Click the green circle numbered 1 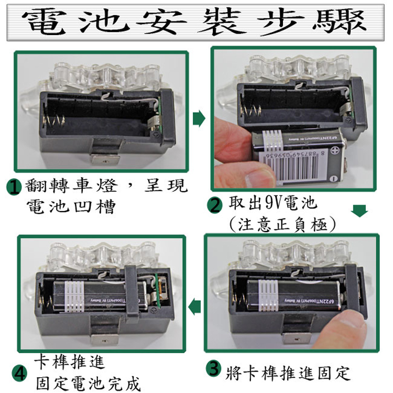pos(14,187)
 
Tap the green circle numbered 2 pos(215,205)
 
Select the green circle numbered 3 pos(214,368)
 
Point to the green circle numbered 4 pos(19,374)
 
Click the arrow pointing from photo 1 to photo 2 pos(199,118)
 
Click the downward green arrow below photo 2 pos(359,211)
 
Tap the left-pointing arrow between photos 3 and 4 pos(194,307)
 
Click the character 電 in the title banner pos(42,22)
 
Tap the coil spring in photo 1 pos(54,122)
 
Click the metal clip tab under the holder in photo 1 pos(105,159)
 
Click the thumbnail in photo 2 pos(260,178)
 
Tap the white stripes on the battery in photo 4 pos(74,297)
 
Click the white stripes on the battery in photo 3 pos(269,296)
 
